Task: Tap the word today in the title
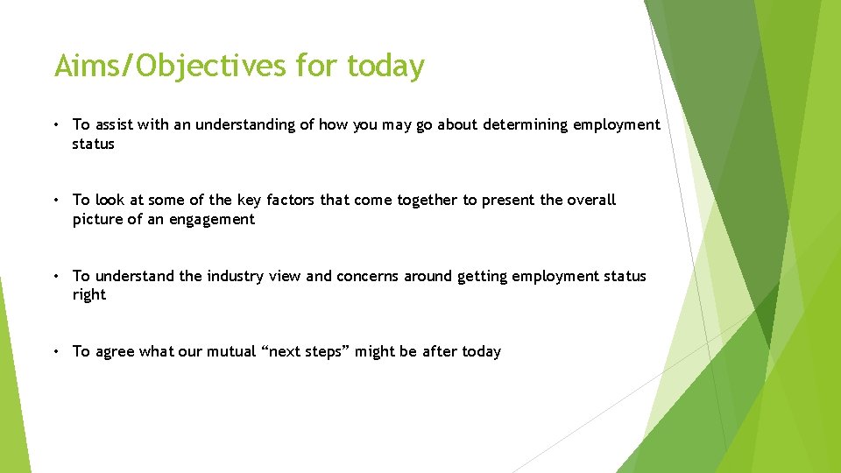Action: pyautogui.click(x=385, y=67)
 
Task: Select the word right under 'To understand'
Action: pyautogui.click(x=89, y=295)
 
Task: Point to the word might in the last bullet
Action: pyautogui.click(x=375, y=351)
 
